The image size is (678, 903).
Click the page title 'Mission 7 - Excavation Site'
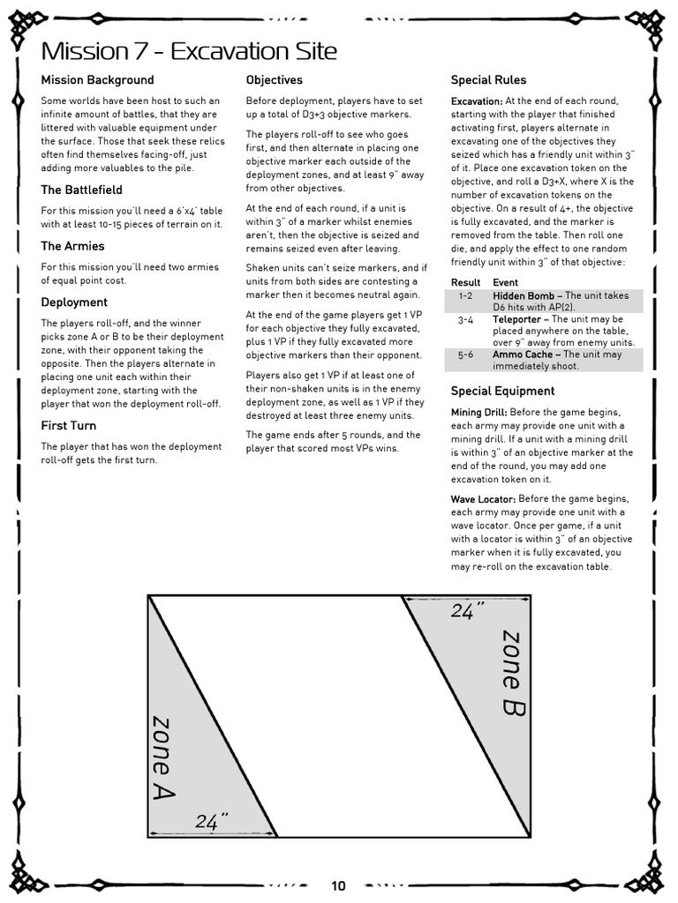(x=189, y=50)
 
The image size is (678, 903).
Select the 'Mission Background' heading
(x=97, y=80)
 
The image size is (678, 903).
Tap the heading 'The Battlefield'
(x=81, y=190)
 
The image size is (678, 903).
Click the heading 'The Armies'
(x=72, y=246)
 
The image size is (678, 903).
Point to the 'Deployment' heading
(x=74, y=302)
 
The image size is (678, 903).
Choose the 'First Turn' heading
(x=69, y=426)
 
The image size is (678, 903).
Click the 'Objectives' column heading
(x=274, y=80)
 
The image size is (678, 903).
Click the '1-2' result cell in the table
(x=465, y=296)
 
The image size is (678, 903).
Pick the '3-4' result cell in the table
(x=465, y=320)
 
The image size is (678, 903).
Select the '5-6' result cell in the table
(x=465, y=354)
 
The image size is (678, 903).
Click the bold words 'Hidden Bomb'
(x=524, y=296)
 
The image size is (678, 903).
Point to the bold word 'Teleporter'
(x=520, y=320)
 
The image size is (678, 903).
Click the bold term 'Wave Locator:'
(x=483, y=499)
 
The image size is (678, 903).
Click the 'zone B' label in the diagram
(x=511, y=672)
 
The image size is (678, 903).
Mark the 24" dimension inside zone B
(x=464, y=612)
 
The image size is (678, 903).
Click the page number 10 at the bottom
(x=339, y=886)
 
